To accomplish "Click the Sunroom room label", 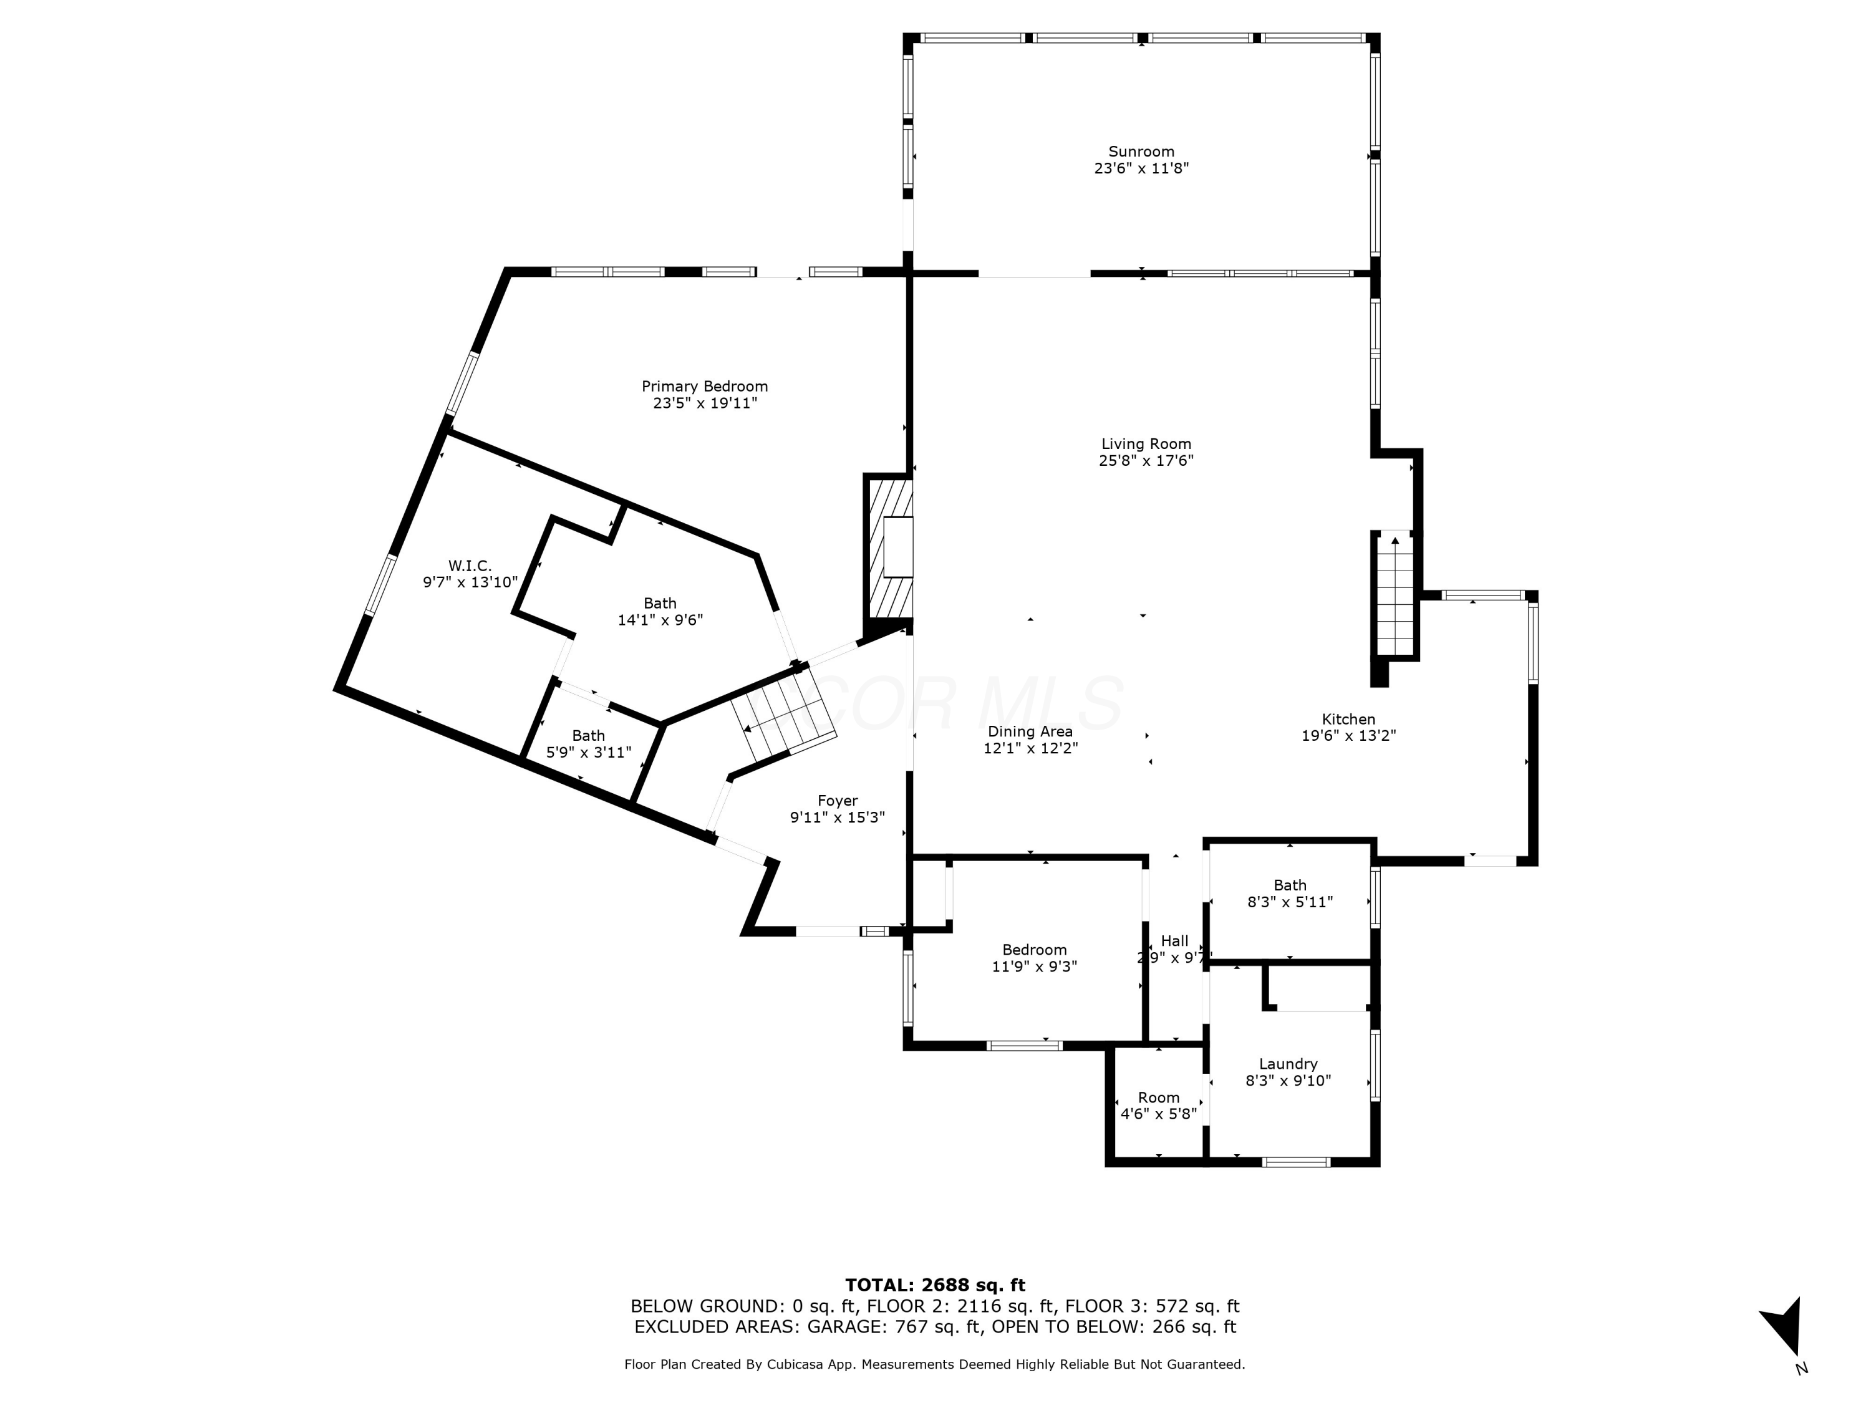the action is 1141,152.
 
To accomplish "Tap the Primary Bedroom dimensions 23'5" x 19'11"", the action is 705,403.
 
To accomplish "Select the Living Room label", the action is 1146,444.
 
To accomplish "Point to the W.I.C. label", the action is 470,566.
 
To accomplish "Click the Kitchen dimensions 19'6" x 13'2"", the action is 1348,736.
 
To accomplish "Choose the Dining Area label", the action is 1030,731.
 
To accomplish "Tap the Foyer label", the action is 838,801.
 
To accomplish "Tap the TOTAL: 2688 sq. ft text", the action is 935,1285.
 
